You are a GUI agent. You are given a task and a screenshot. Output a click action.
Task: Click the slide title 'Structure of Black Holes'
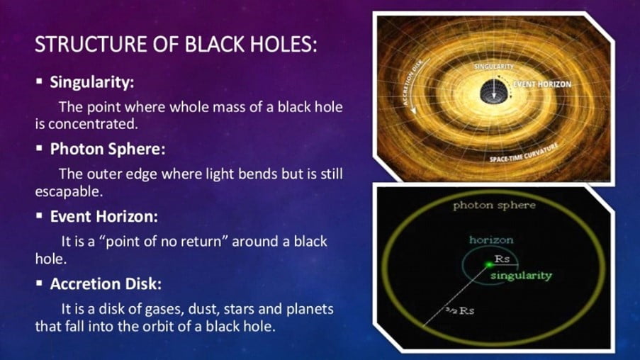pos(176,44)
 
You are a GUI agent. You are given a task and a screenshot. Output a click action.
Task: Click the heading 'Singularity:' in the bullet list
pos(92,82)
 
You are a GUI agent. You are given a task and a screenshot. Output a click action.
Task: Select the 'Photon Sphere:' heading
pos(108,149)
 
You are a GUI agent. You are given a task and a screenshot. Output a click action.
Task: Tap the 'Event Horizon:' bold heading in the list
pos(104,216)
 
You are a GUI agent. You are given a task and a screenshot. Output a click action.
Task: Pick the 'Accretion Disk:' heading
pos(106,283)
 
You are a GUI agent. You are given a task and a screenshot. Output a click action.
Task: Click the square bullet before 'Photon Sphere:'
pos(39,148)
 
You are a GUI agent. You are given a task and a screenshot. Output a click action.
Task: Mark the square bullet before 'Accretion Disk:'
pos(39,283)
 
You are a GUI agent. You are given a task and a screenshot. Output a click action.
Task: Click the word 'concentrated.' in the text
pos(93,124)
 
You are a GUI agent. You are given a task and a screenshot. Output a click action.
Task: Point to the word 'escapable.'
pos(69,191)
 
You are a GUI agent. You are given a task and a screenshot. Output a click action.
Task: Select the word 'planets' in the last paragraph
pos(310,309)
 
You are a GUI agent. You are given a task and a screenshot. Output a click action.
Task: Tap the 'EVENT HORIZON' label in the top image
pos(542,84)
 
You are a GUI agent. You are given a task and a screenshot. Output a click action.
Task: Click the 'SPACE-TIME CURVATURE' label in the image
pos(524,153)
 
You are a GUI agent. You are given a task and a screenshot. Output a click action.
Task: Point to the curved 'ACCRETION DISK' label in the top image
pos(415,82)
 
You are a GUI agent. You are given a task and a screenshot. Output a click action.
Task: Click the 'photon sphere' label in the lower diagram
pos(494,206)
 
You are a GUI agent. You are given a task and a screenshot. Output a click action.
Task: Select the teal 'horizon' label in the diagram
pos(491,240)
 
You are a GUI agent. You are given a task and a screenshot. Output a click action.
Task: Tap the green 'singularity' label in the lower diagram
pos(521,276)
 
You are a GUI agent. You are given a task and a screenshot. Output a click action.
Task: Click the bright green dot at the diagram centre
pos(489,265)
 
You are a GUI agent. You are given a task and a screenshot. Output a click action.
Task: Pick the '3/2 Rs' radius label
pos(459,310)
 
